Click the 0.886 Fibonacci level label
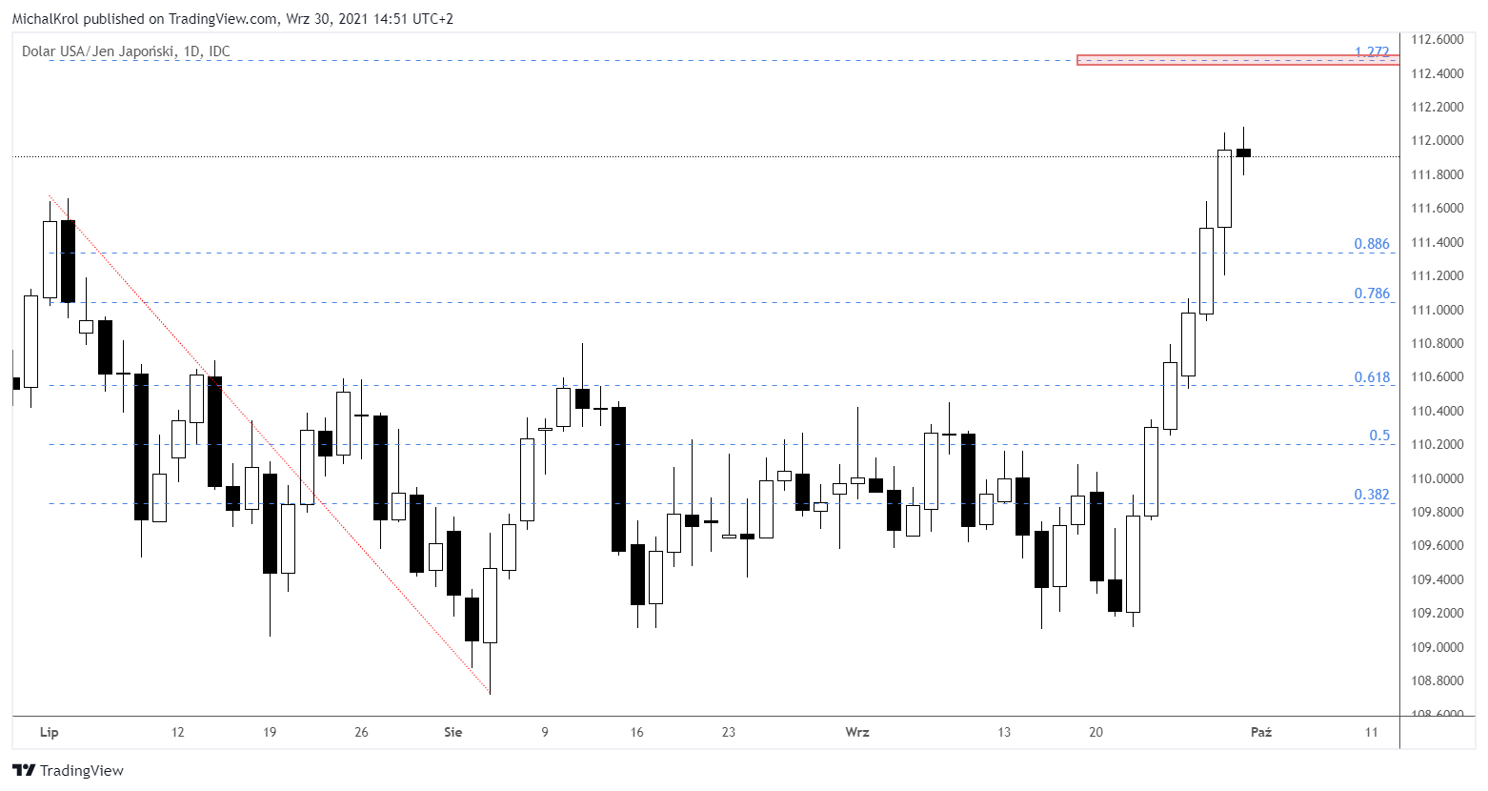1372,244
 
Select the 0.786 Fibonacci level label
1372,294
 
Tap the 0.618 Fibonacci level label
1372,377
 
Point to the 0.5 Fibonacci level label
1379,436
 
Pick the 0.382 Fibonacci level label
1372,495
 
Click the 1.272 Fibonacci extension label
1372,52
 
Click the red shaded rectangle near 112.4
1237,60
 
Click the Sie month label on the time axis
452,732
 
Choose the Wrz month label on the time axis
857,732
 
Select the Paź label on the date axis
1260,732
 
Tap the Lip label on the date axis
49,732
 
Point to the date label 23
729,732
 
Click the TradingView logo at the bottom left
68,770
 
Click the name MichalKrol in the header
45,19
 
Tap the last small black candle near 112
1243,152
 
